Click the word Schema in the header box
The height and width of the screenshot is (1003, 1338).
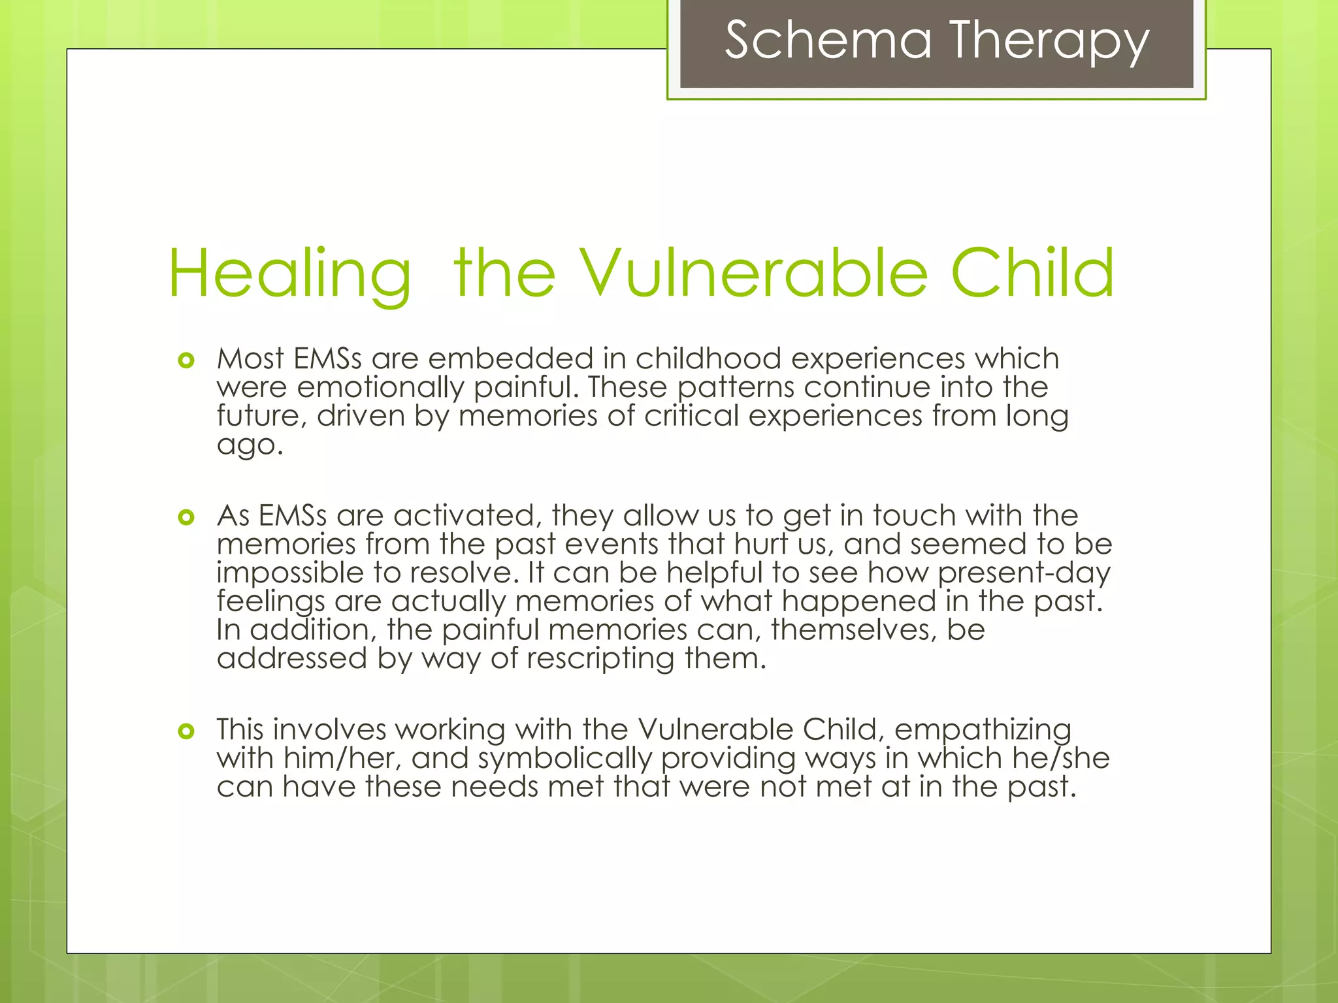(828, 40)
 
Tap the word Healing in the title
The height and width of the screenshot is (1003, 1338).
(290, 274)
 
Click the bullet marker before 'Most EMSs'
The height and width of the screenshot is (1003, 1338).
(187, 360)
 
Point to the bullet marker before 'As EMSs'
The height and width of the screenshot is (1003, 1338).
(187, 518)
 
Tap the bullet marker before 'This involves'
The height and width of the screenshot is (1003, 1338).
(187, 731)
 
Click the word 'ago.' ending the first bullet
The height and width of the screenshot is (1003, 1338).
(250, 445)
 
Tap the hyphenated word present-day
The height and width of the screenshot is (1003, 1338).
(1024, 573)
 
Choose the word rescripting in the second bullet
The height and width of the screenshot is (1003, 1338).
(600, 658)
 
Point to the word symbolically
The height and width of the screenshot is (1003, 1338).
(564, 759)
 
